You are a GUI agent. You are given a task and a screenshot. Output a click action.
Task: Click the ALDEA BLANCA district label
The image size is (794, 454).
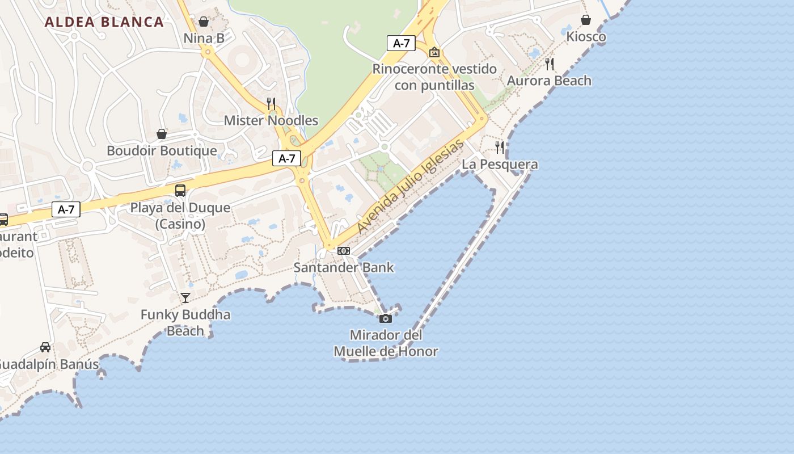(x=104, y=22)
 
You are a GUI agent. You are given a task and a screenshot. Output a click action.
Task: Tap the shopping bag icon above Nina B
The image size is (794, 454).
(x=204, y=22)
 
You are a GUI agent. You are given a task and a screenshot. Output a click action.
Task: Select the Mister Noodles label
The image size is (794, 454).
(x=271, y=120)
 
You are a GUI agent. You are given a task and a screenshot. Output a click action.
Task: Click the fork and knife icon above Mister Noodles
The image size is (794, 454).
(x=271, y=103)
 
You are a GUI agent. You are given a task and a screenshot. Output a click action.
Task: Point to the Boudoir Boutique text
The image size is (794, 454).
(x=162, y=150)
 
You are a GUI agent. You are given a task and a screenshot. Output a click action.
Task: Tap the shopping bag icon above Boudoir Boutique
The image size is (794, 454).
(x=162, y=134)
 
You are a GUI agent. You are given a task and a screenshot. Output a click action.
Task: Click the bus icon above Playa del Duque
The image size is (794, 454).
(x=180, y=191)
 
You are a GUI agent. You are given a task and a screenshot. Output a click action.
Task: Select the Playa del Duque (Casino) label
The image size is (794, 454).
(x=180, y=216)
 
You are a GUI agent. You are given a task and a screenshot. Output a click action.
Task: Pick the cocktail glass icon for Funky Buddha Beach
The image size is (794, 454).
(x=185, y=298)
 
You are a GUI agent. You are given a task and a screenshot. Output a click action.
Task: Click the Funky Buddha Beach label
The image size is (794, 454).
(x=185, y=322)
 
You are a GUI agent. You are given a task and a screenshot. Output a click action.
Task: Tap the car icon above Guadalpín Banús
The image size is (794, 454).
(x=45, y=347)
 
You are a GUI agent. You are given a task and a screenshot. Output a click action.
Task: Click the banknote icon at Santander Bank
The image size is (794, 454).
(x=344, y=251)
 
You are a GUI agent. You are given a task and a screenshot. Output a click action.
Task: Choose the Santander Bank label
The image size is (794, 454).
(x=344, y=267)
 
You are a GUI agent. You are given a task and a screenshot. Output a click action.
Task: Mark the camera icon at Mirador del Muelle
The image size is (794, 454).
(x=386, y=318)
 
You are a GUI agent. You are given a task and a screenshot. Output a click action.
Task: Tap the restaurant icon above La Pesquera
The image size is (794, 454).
(x=500, y=148)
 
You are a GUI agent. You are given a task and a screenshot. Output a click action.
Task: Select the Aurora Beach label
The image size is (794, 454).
(x=549, y=81)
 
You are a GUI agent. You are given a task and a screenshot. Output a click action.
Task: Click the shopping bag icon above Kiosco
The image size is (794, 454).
(x=586, y=20)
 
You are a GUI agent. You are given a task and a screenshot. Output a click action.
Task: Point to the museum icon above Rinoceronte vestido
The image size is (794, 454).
(x=434, y=52)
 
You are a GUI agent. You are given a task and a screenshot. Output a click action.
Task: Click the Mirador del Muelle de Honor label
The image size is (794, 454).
(x=386, y=343)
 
